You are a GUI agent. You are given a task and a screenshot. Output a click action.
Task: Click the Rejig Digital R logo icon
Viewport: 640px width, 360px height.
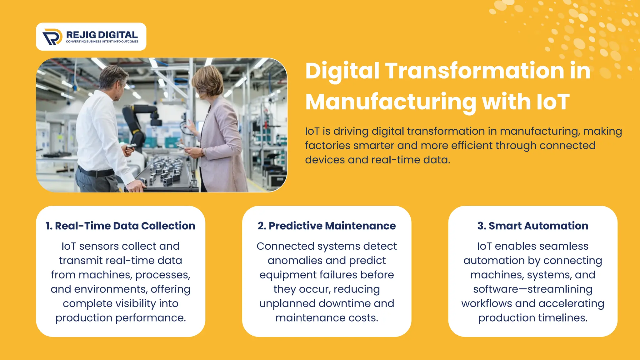(x=52, y=37)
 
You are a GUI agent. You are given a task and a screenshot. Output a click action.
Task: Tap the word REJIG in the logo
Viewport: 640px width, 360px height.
(x=81, y=35)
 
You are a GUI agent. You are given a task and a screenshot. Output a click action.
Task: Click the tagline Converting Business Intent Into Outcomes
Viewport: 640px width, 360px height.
(x=102, y=42)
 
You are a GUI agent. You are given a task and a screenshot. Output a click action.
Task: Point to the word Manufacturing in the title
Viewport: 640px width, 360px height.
(x=391, y=102)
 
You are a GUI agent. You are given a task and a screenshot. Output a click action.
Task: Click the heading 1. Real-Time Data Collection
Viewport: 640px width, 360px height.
(x=120, y=226)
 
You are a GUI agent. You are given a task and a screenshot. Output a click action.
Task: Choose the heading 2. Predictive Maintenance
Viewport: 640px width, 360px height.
(x=327, y=226)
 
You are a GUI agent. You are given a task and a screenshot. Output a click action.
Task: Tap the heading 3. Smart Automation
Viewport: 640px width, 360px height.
(x=532, y=226)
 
